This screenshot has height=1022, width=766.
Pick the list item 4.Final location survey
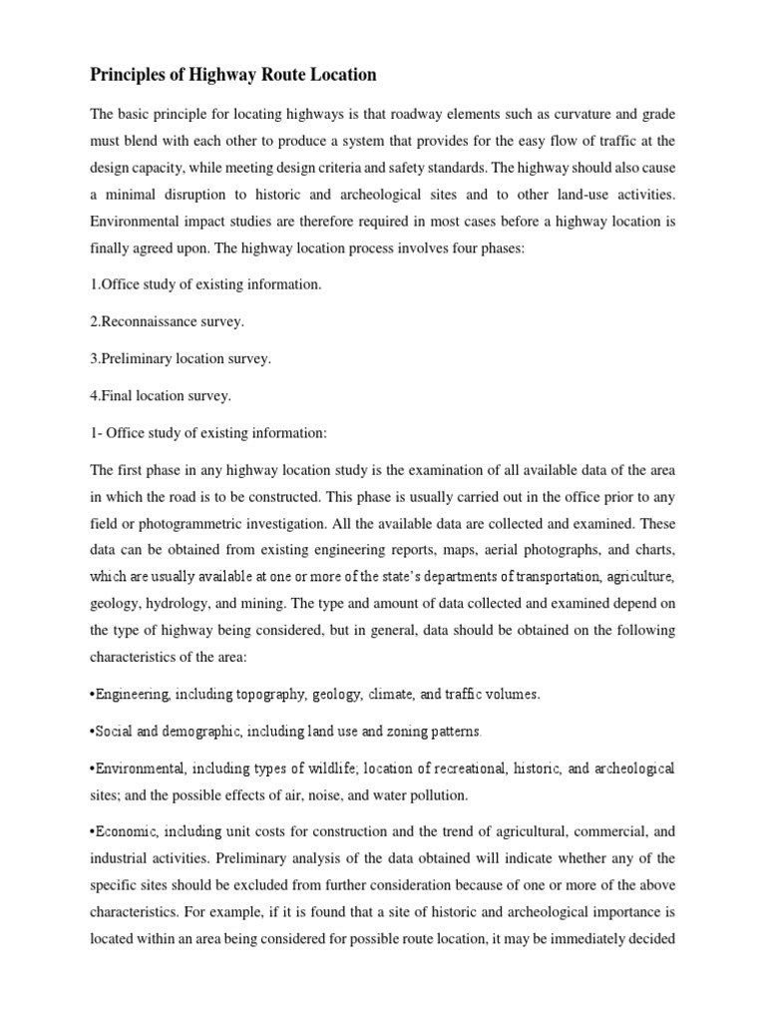pyautogui.click(x=161, y=395)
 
